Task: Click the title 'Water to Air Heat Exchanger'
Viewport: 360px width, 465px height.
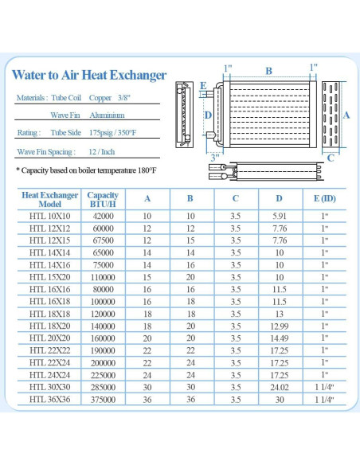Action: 89,76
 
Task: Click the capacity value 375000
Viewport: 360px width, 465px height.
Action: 103,399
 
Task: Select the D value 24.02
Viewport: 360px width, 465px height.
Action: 279,387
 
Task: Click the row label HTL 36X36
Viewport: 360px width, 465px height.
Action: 49,399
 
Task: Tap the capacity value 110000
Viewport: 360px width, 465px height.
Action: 103,277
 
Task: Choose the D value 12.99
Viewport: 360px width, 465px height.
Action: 279,326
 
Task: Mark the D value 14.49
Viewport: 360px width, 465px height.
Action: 279,338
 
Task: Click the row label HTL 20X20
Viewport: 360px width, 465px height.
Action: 49,338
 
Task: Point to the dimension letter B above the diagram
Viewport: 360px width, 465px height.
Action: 268,71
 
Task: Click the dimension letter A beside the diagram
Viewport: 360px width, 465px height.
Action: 346,115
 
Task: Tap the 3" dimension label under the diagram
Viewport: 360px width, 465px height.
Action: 215,157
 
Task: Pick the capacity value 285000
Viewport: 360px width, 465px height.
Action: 103,387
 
